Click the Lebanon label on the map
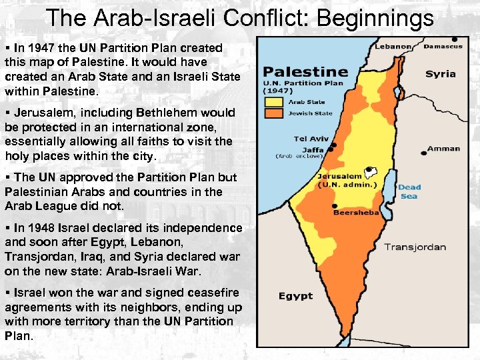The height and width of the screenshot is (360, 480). pyautogui.click(x=393, y=47)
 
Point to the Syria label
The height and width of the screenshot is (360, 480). pyautogui.click(x=440, y=74)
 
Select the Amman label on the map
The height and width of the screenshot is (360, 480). pyautogui.click(x=443, y=149)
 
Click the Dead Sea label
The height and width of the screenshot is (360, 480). pyautogui.click(x=409, y=191)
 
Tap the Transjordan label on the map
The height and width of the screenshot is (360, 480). pyautogui.click(x=415, y=247)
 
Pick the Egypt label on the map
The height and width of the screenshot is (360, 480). pyautogui.click(x=295, y=296)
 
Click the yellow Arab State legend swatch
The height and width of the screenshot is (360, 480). pyautogui.click(x=274, y=102)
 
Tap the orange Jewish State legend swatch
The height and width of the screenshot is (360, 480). pyautogui.click(x=274, y=113)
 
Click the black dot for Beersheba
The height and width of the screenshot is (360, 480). pyautogui.click(x=333, y=206)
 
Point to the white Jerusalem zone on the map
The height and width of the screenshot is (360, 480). pyautogui.click(x=368, y=172)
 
